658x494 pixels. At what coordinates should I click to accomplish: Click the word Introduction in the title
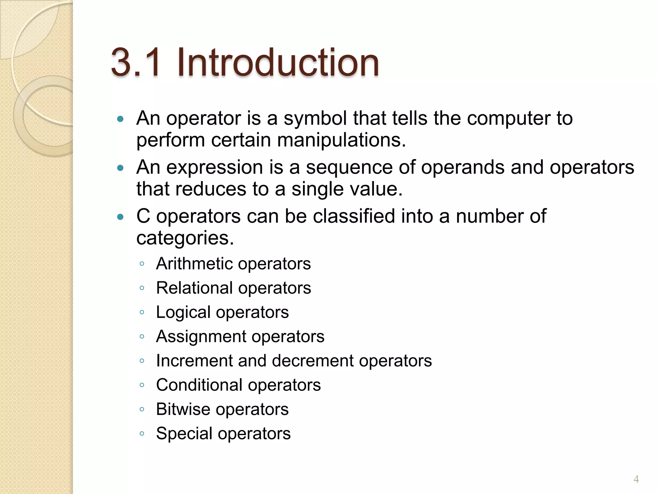coord(278,62)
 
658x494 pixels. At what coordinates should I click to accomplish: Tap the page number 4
coord(636,480)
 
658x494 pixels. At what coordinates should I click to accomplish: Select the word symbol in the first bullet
coord(316,118)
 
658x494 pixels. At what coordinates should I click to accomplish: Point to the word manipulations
coord(341,140)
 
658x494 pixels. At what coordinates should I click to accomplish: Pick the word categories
coord(185,238)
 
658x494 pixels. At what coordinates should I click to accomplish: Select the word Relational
coord(194,288)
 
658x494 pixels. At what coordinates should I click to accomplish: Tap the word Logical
coord(183,312)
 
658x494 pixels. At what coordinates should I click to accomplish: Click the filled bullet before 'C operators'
coord(120,217)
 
